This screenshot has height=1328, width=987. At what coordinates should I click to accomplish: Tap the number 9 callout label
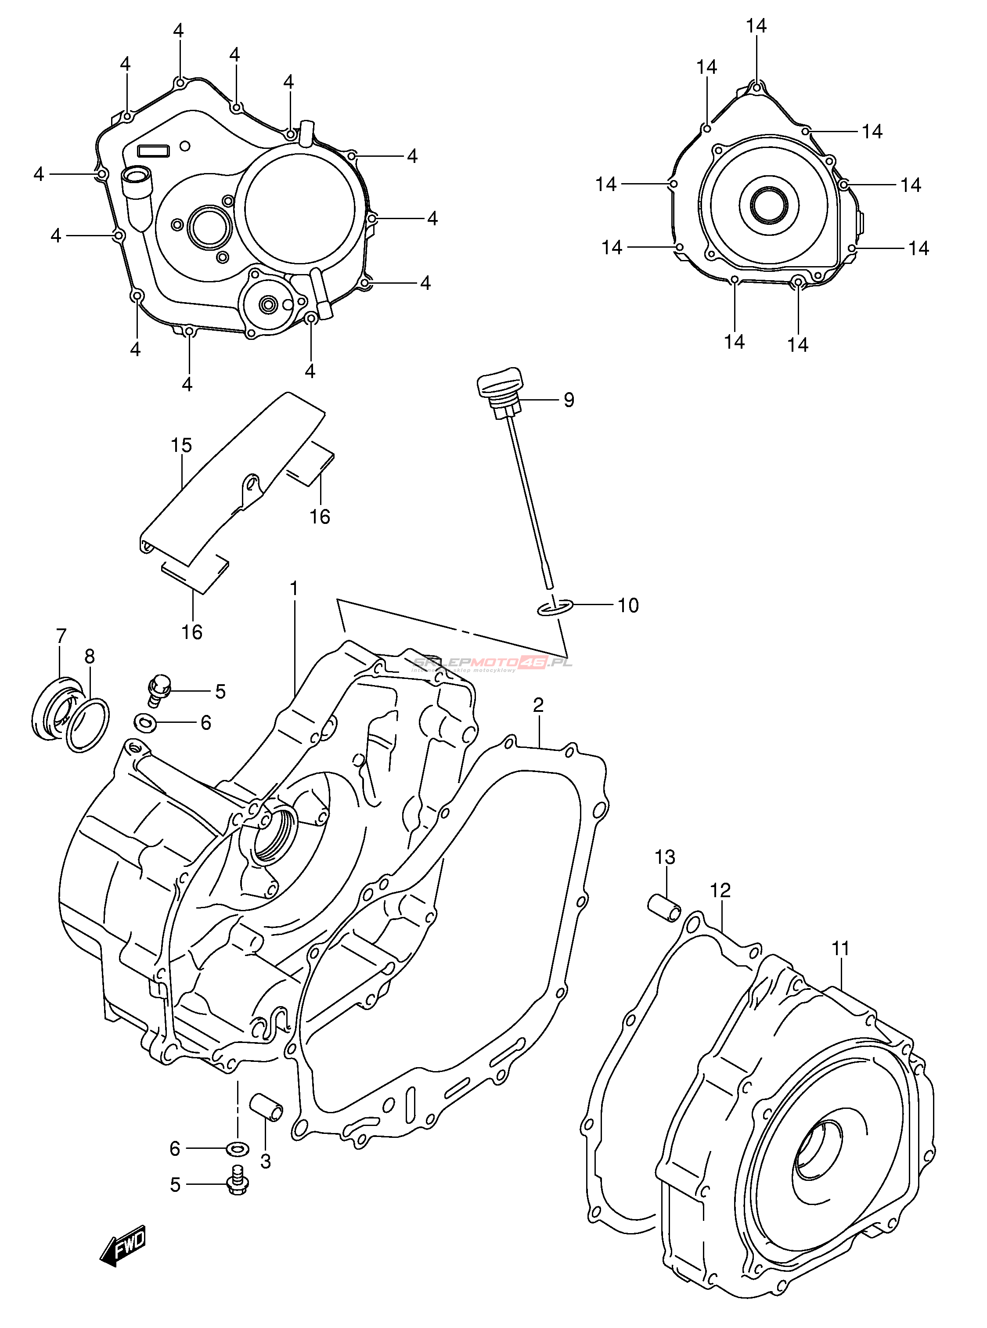click(x=568, y=400)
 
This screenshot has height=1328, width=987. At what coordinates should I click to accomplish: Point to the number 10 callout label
click(x=627, y=606)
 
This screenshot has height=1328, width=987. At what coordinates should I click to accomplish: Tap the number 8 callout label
click(x=89, y=656)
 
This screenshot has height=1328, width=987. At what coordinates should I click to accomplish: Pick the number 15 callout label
click(x=181, y=445)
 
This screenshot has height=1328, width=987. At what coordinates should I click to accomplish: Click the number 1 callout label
click(x=294, y=589)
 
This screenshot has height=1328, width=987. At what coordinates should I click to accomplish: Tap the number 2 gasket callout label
click(x=538, y=705)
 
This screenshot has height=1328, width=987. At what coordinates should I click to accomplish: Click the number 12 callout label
click(x=720, y=907)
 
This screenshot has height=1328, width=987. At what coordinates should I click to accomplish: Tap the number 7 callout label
click(x=61, y=635)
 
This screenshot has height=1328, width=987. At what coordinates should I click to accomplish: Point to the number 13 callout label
click(x=664, y=857)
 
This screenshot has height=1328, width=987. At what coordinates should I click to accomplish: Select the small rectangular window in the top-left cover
click(x=154, y=150)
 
